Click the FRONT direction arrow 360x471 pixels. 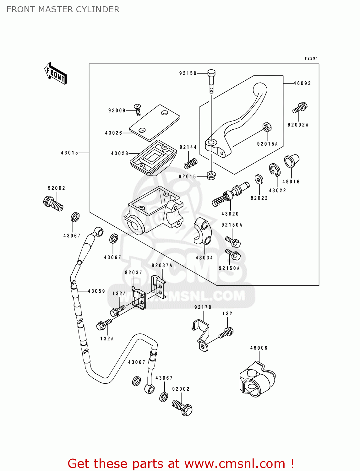(56, 73)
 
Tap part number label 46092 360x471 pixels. (302, 83)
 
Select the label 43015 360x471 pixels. (69, 153)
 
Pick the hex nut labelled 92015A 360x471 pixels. (267, 127)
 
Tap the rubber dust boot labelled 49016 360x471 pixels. (291, 161)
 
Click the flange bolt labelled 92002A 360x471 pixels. (300, 108)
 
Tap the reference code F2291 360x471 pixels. (311, 58)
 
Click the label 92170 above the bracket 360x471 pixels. (203, 307)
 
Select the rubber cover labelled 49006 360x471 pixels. (257, 379)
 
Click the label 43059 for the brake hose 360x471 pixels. (96, 291)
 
